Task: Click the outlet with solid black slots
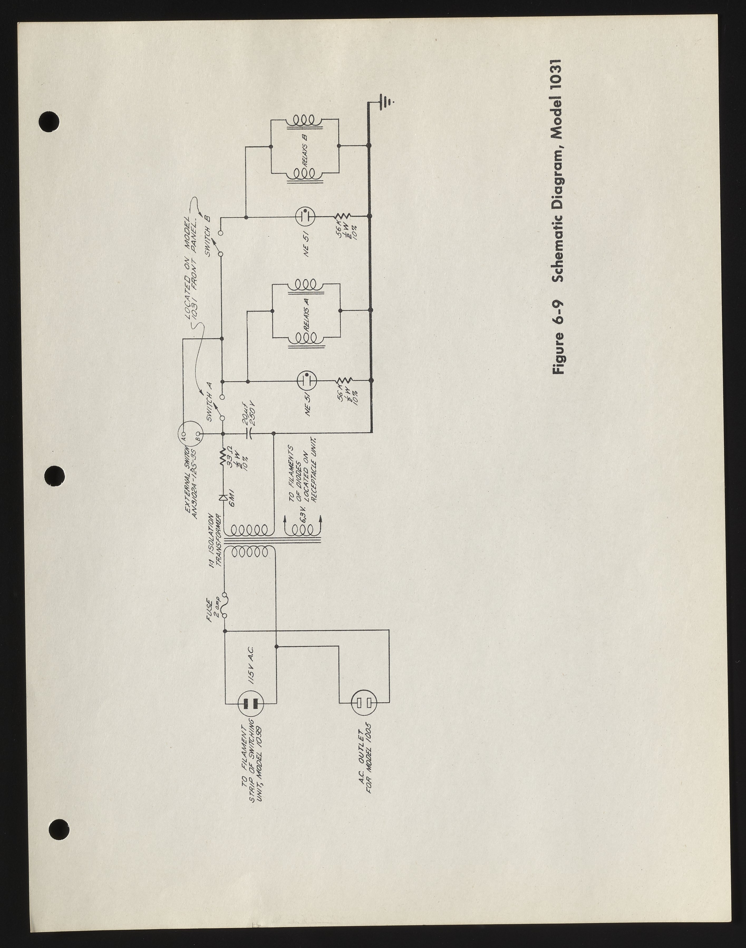(x=251, y=703)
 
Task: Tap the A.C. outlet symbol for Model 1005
(x=364, y=702)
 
